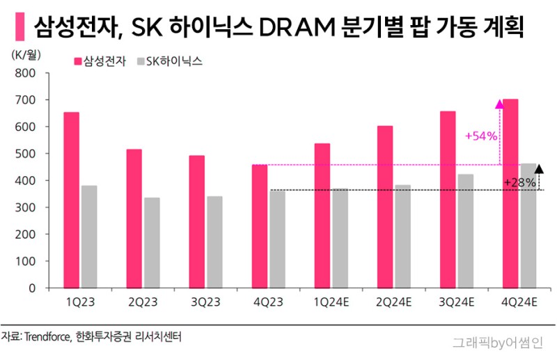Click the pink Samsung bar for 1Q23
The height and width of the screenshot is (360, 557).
click(x=72, y=200)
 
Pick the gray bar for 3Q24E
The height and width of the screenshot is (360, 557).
click(x=465, y=230)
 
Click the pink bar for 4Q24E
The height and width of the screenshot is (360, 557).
click(x=510, y=194)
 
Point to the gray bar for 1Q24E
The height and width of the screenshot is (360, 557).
click(x=340, y=237)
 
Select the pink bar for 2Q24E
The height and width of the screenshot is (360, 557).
click(x=385, y=207)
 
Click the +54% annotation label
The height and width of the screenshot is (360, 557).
click(x=481, y=136)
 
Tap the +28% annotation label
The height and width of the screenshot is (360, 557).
click(x=520, y=182)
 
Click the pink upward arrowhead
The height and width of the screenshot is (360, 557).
click(x=499, y=104)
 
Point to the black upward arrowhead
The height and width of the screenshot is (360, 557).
click(x=539, y=167)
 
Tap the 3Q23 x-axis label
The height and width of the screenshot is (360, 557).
click(x=205, y=302)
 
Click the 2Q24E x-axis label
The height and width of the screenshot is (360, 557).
click(x=395, y=302)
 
